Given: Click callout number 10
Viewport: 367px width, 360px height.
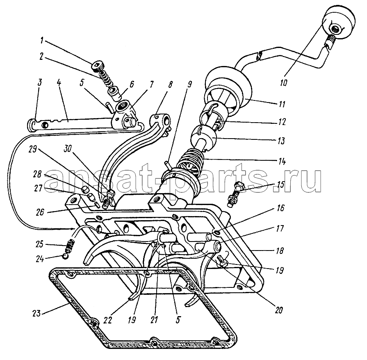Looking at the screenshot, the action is point(283,83).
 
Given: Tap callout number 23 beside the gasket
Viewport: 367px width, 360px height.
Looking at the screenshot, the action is point(36,313).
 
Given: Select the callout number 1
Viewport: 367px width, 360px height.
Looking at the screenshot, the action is point(42,41).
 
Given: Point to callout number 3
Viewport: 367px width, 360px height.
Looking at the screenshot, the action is point(39,82).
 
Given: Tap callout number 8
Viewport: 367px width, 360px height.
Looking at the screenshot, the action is point(170,84).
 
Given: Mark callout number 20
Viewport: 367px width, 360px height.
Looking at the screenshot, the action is point(279,310).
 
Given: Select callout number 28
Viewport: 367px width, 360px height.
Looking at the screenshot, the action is point(37,174).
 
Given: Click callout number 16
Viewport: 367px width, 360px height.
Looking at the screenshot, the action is point(280,207).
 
